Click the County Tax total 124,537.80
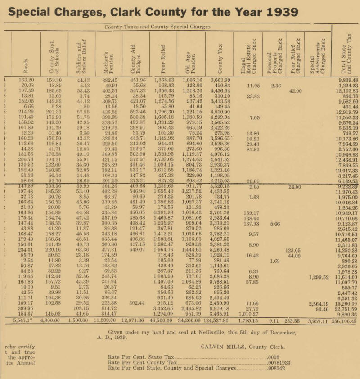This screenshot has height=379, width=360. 216,322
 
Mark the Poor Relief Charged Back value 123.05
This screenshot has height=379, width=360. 293,250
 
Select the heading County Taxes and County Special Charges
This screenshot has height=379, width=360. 157,27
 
